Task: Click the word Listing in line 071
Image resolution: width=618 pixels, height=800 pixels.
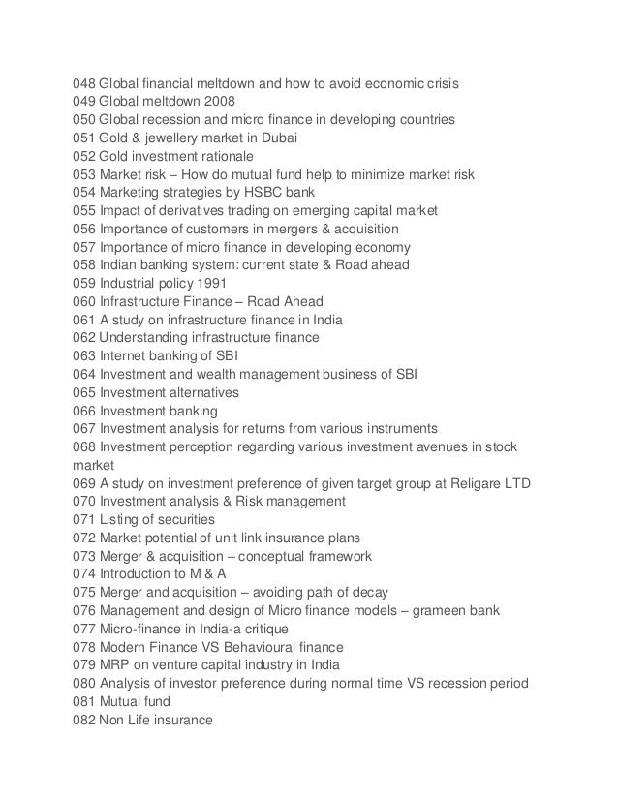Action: point(119,519)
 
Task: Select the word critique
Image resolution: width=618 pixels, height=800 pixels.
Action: point(269,628)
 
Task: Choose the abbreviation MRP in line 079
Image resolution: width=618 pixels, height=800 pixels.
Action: point(114,664)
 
